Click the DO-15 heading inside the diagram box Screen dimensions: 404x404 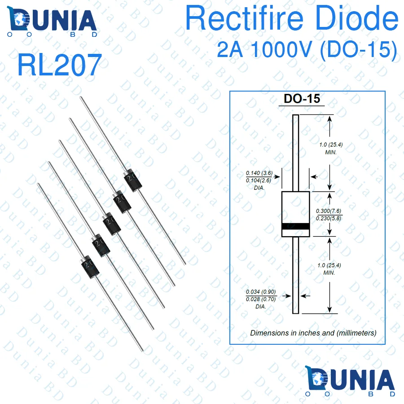[x=302, y=99]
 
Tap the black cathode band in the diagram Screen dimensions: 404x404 [x=295, y=226]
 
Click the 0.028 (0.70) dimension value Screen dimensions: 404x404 [x=261, y=299]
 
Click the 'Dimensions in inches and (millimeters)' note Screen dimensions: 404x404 [x=313, y=333]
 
